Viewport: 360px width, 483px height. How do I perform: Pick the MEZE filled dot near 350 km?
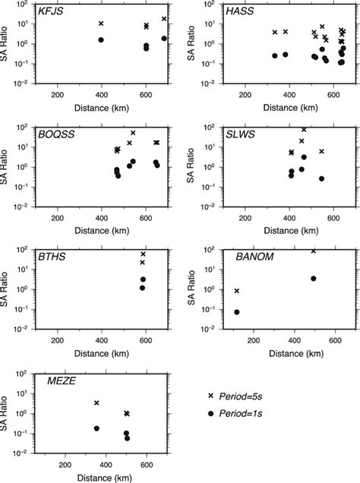[x=96, y=428]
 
